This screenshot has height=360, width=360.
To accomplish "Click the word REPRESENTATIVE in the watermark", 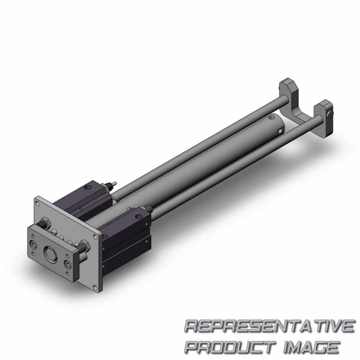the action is click(269, 326).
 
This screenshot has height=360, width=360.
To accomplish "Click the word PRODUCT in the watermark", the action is click(230, 346).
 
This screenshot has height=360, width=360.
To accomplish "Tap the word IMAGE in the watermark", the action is click(311, 346).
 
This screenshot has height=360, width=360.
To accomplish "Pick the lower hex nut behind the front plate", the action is click(85, 246).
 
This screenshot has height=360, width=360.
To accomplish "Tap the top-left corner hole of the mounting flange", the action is click(37, 203).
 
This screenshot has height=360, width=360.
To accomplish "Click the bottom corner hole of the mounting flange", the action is click(95, 288).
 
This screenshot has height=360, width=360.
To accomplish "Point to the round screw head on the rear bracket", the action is click(330, 114).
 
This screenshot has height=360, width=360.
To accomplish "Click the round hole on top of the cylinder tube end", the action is click(271, 118).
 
